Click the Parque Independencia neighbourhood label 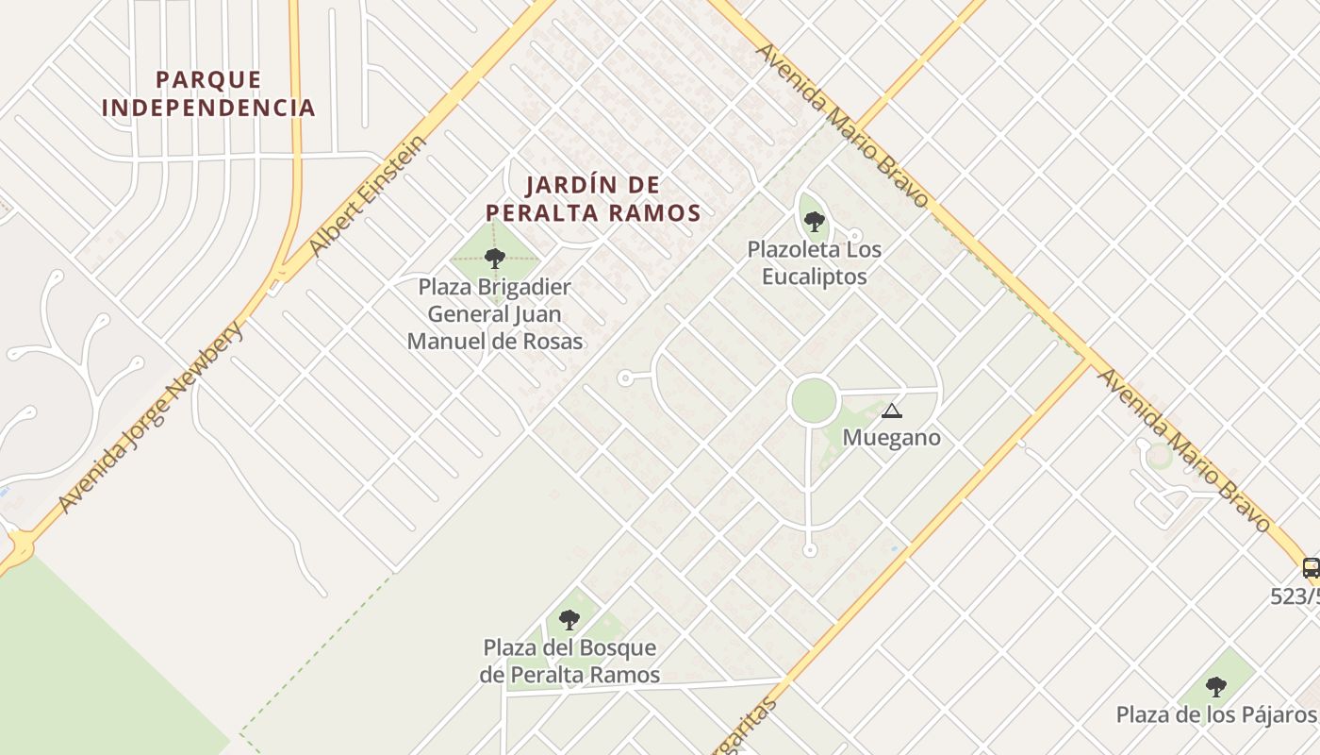208,93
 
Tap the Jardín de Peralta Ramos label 593,198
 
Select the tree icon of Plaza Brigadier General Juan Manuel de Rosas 495,258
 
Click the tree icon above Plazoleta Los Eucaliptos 814,222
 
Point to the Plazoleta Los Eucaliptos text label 815,263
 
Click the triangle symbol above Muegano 891,411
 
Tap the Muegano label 891,438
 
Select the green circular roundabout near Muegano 813,401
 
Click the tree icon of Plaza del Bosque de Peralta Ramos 569,619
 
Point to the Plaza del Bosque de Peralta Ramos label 569,662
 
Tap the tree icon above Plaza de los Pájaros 1216,686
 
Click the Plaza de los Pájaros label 1215,714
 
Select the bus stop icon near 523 1311,567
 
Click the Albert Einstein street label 369,197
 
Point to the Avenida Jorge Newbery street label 151,417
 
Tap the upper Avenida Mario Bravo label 842,124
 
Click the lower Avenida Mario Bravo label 1184,449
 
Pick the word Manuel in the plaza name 444,341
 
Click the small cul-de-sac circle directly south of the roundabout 809,550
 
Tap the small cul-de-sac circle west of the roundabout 624,377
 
